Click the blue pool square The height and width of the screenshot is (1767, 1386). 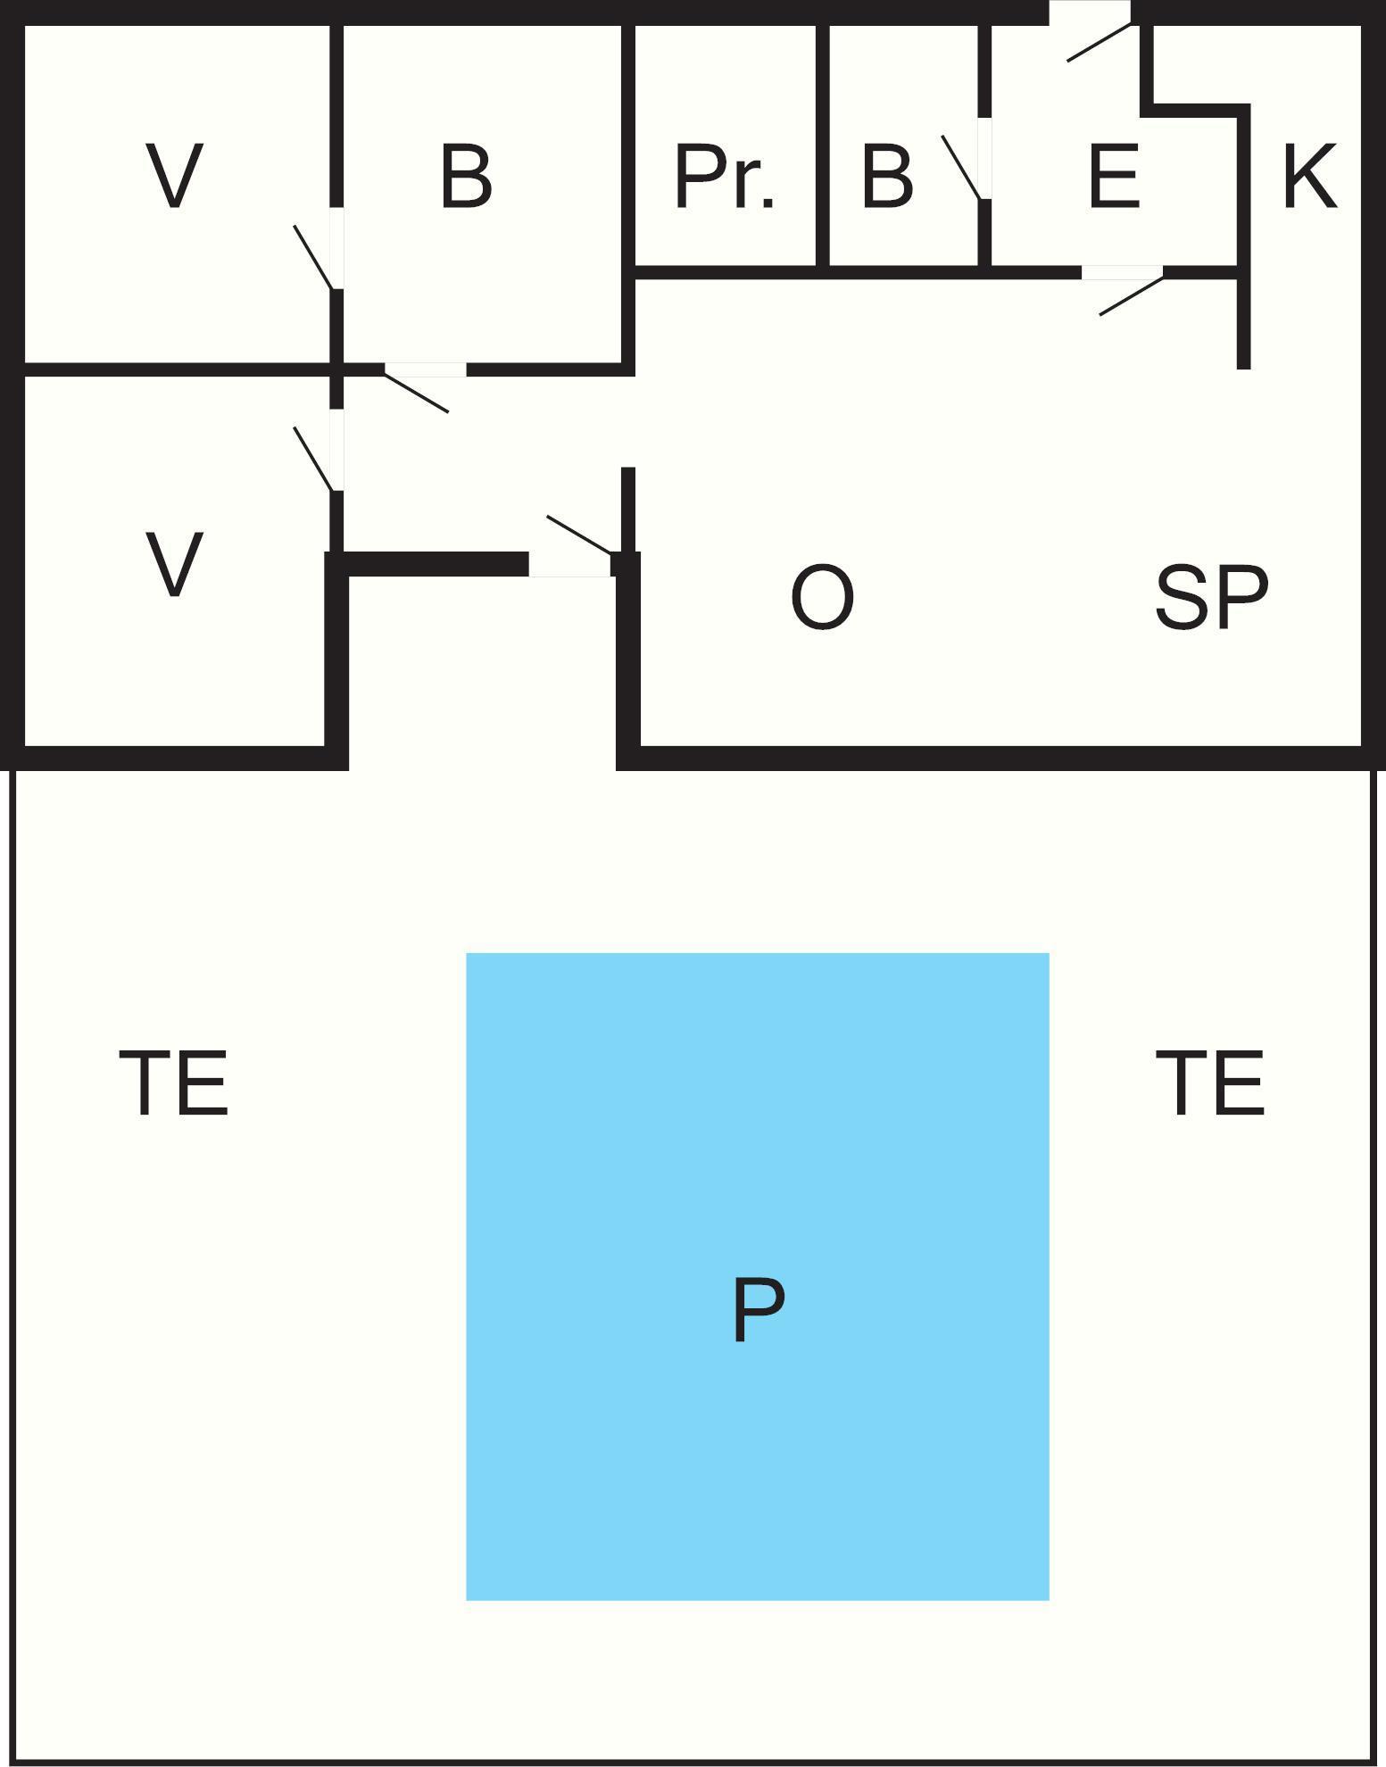tap(757, 1276)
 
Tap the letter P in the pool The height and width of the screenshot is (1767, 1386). tap(759, 1309)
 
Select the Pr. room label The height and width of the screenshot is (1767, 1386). tap(725, 177)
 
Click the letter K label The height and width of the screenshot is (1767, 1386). tap(1310, 176)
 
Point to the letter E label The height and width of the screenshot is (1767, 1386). tap(1114, 176)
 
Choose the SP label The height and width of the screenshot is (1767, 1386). tap(1211, 597)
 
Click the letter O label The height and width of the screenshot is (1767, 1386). tap(822, 597)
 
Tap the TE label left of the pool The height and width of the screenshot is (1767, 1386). tap(174, 1083)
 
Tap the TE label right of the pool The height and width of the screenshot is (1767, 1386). tap(1210, 1083)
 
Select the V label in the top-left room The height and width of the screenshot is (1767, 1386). tap(174, 176)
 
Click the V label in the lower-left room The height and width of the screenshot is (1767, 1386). tap(174, 564)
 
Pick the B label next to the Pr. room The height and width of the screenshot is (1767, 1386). tap(887, 176)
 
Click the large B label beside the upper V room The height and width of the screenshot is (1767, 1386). tap(466, 176)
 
